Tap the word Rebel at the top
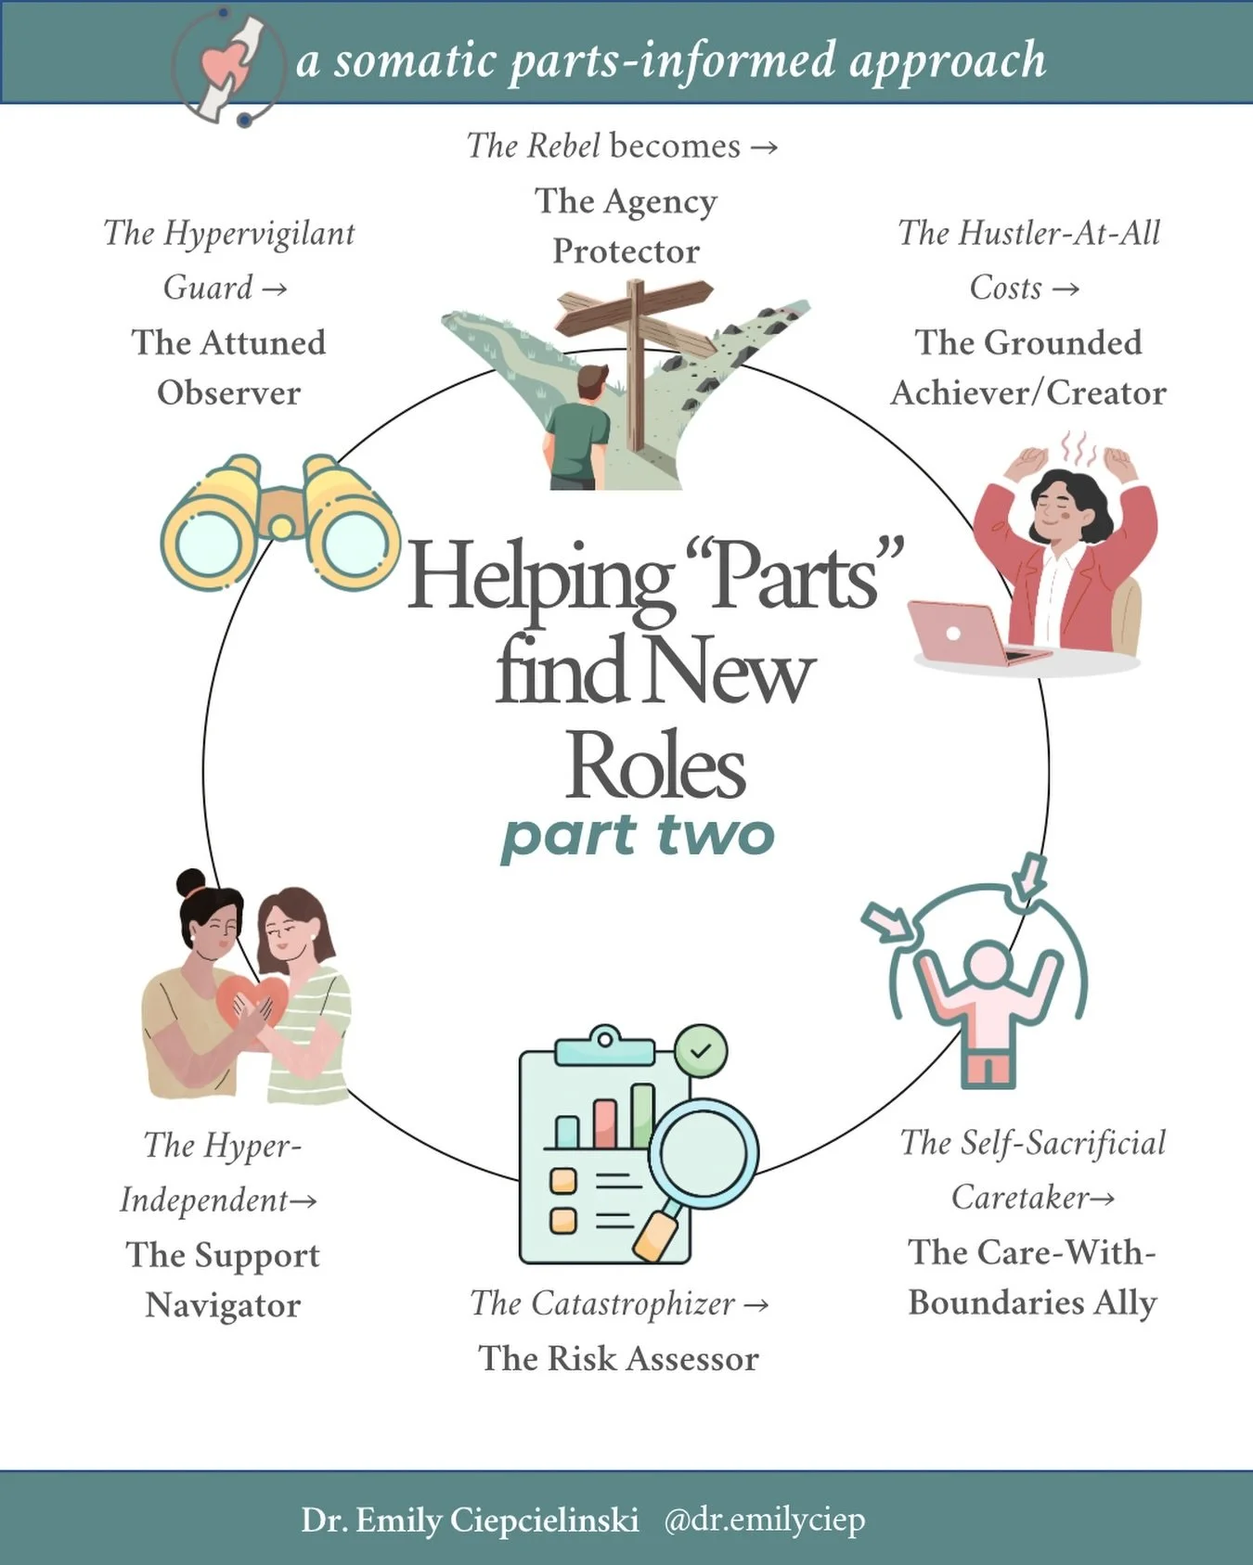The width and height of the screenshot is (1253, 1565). click(563, 146)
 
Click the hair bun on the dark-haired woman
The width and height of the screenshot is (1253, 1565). click(191, 881)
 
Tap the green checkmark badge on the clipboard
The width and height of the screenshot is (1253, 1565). click(701, 1051)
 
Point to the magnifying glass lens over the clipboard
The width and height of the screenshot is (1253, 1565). click(703, 1153)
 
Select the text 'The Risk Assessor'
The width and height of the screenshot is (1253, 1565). click(618, 1359)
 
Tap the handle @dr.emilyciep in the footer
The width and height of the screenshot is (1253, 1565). click(764, 1520)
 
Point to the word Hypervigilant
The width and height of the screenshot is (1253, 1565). click(259, 233)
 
